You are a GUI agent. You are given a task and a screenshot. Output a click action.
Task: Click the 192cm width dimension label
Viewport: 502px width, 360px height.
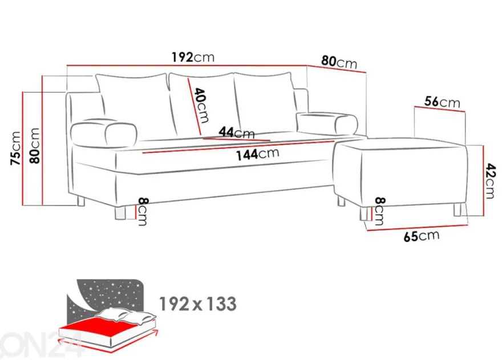click(193, 57)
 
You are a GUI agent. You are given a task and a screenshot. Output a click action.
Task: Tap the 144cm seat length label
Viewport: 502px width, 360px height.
click(257, 154)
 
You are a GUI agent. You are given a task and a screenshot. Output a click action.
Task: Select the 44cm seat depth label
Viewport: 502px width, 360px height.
click(237, 132)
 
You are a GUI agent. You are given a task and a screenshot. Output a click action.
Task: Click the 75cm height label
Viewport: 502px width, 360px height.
click(16, 148)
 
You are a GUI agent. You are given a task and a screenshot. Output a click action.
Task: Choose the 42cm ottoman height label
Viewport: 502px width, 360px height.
click(490, 181)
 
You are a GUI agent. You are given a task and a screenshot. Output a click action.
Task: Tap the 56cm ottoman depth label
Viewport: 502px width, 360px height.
click(442, 102)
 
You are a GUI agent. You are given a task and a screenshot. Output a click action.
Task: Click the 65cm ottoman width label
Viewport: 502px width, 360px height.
click(422, 236)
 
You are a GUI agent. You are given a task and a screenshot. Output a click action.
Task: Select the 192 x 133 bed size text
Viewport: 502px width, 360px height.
click(198, 304)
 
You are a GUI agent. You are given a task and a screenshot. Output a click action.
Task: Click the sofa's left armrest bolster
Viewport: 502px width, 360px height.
click(104, 131)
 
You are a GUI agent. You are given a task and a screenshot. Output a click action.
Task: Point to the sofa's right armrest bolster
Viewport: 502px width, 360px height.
click(327, 122)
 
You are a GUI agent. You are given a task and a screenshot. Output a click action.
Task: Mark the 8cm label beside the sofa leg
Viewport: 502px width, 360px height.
click(143, 212)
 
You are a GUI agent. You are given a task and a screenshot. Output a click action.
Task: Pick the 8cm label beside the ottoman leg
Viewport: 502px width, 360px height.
click(379, 211)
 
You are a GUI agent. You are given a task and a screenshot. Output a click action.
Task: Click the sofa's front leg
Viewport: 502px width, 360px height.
click(120, 213)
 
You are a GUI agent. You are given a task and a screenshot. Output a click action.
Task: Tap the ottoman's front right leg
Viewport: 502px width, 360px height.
click(458, 209)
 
